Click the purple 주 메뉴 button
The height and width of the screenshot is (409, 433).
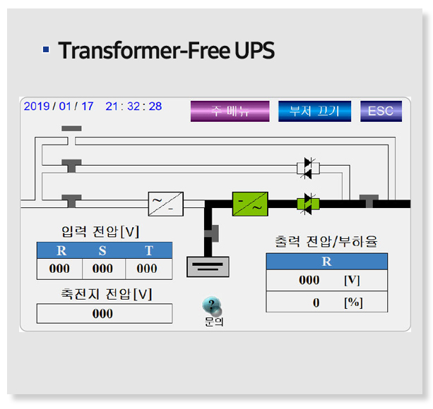[230, 111]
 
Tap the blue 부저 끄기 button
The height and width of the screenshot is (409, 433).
[314, 111]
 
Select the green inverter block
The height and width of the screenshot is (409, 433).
[250, 204]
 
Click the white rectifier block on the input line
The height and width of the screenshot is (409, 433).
[166, 204]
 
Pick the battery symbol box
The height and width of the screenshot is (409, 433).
[206, 266]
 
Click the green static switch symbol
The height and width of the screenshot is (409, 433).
[308, 204]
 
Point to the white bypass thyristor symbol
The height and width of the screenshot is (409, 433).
[308, 167]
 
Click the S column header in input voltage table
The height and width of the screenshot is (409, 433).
[102, 250]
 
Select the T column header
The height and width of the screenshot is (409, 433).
[148, 250]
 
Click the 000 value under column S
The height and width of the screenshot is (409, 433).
[103, 269]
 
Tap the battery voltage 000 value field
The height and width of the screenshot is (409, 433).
[103, 313]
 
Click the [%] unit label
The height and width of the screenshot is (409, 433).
[352, 303]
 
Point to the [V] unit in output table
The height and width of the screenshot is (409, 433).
[352, 280]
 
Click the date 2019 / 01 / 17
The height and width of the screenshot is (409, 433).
[59, 106]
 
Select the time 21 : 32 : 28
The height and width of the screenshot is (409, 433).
[134, 106]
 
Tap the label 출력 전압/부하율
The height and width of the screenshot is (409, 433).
[326, 241]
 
